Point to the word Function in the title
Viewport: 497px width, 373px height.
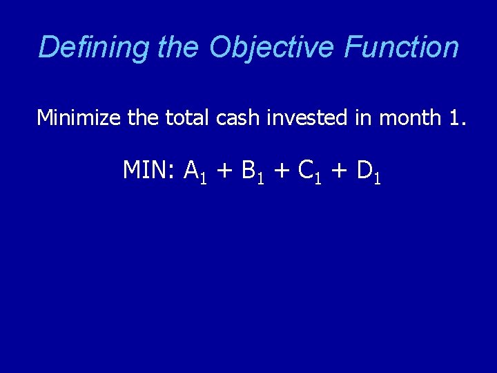(x=401, y=48)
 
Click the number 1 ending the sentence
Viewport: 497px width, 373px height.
(x=455, y=118)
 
